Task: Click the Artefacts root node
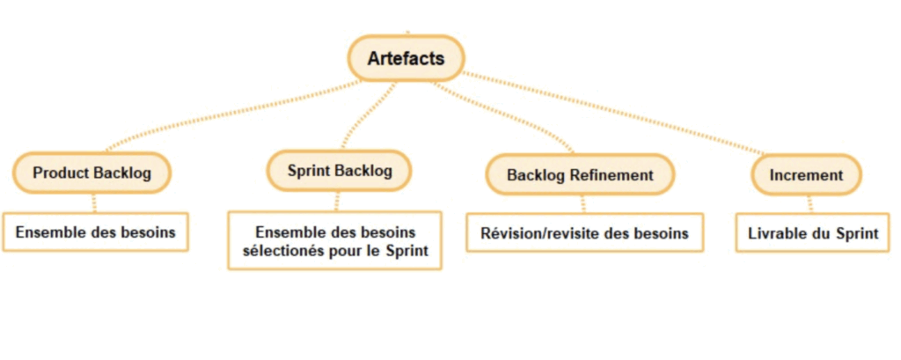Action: tap(406, 59)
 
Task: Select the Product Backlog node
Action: tap(92, 173)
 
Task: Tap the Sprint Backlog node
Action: tap(340, 169)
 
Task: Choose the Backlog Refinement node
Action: tap(580, 174)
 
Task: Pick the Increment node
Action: tap(806, 174)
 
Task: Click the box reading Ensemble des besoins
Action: tap(95, 233)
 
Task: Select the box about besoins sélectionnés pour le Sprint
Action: tap(334, 240)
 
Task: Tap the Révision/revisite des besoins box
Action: tap(584, 233)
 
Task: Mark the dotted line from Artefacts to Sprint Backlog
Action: tap(365, 114)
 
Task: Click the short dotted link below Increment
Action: tap(809, 203)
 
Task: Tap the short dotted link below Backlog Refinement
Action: tap(582, 203)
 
